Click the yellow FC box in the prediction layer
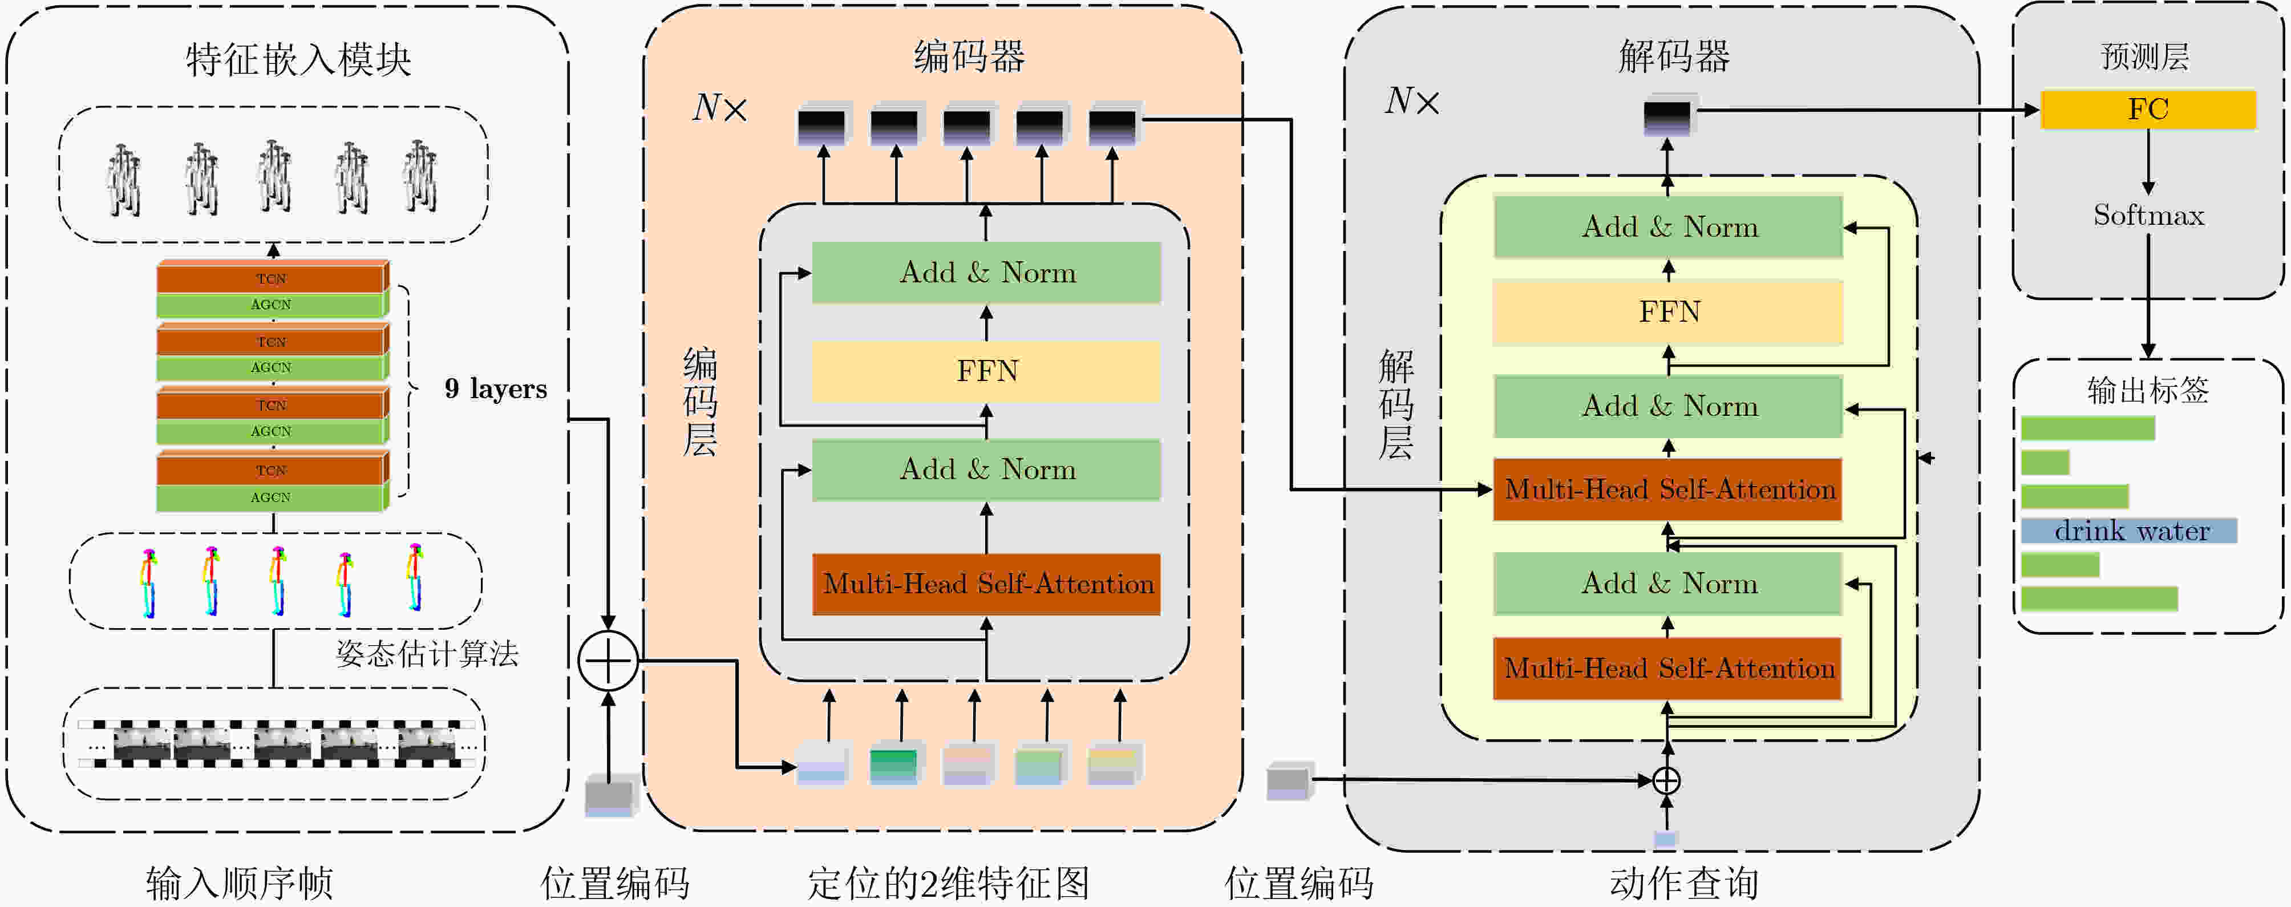[2148, 110]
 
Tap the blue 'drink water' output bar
[2129, 531]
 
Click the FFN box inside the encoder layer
[986, 371]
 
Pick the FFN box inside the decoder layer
[1669, 312]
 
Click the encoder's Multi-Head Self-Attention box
[986, 584]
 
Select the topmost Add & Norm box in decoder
[1669, 228]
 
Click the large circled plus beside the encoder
[608, 661]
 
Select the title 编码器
[969, 56]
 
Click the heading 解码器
[1674, 56]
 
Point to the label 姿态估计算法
[427, 654]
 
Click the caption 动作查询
[1683, 883]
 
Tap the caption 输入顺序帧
[239, 883]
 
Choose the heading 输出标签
[2148, 390]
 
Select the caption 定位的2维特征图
[948, 883]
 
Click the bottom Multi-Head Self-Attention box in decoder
[1669, 669]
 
